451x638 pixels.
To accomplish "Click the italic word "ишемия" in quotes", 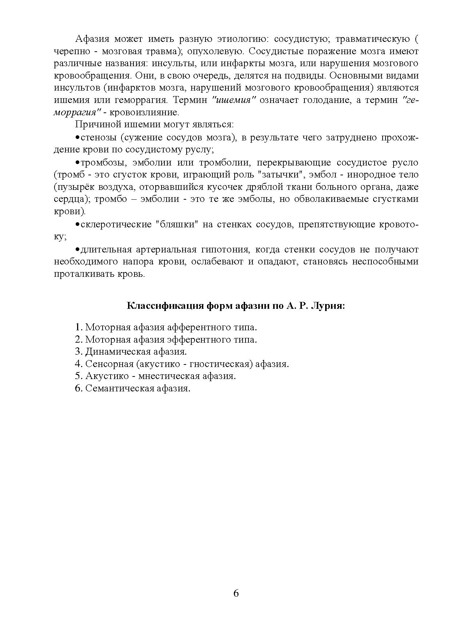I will (x=234, y=100).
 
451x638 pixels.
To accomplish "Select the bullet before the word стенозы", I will (x=77, y=138).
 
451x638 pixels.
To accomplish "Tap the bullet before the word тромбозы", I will (x=77, y=163).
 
